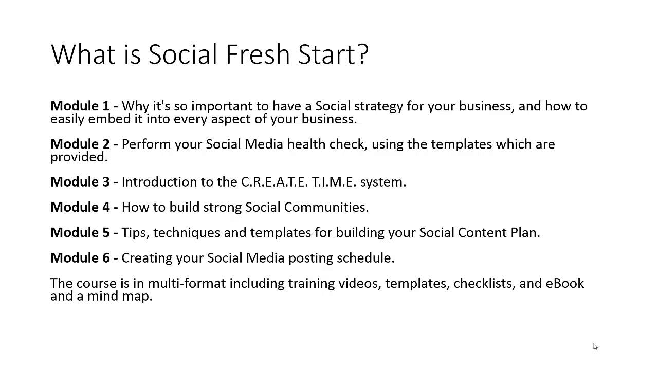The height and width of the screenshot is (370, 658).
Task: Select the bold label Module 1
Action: pyautogui.click(x=80, y=106)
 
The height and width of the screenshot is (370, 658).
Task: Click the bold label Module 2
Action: pyautogui.click(x=80, y=144)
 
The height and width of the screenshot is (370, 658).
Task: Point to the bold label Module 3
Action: pyautogui.click(x=80, y=182)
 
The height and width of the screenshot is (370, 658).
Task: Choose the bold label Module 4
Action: pyautogui.click(x=80, y=207)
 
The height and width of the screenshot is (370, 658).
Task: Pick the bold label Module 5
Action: pyautogui.click(x=80, y=232)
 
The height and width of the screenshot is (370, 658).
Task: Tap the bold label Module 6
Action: pyautogui.click(x=80, y=257)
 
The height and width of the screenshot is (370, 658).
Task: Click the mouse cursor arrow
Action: pyautogui.click(x=595, y=347)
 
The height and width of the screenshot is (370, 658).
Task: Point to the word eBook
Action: pyautogui.click(x=564, y=283)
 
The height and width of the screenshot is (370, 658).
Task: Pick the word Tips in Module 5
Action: pyautogui.click(x=135, y=233)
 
